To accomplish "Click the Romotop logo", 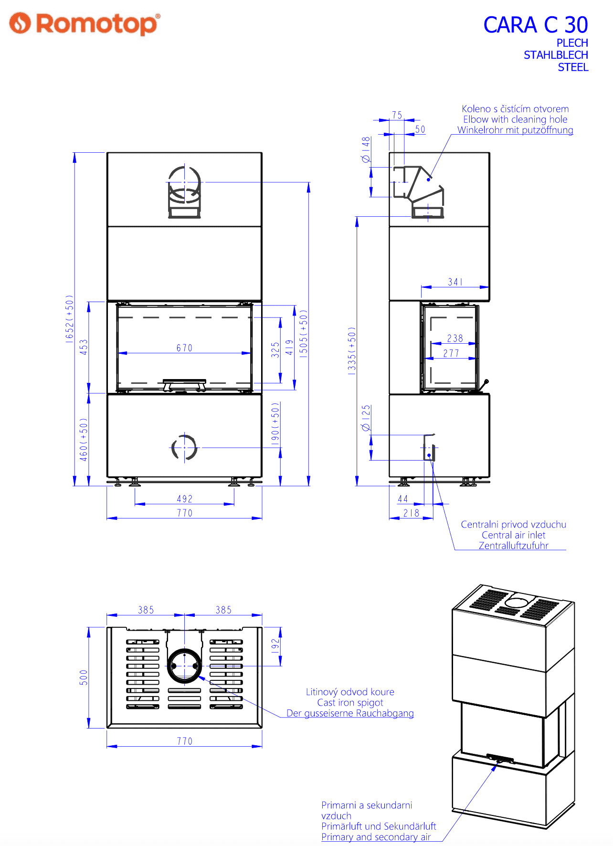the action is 85,23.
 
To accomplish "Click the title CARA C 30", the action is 536,25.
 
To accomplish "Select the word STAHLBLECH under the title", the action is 556,55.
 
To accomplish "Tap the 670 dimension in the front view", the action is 184,348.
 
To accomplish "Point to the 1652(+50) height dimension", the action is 70,318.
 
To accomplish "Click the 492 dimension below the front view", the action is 184,499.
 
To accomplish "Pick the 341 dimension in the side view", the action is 455,282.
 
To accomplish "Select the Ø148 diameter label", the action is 366,149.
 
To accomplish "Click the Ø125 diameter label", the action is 366,418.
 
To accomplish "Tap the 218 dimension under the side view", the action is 411,513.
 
